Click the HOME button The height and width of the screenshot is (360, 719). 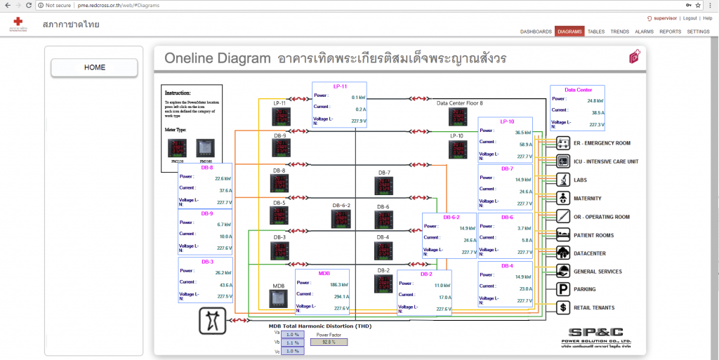95,67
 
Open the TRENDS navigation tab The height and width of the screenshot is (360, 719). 619,32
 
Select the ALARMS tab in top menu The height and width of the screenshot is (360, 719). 644,32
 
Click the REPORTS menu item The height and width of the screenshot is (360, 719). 670,32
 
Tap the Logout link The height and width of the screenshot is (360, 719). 690,18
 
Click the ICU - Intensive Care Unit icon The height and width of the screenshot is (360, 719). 563,161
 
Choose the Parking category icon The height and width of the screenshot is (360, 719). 563,289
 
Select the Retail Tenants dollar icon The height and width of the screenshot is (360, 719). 563,307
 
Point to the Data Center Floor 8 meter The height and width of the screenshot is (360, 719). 459,117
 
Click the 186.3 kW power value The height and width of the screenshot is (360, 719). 339,285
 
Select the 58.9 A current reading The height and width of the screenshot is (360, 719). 522,144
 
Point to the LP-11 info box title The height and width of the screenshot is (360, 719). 340,86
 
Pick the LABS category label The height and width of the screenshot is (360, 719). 580,180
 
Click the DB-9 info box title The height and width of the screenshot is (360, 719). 207,213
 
